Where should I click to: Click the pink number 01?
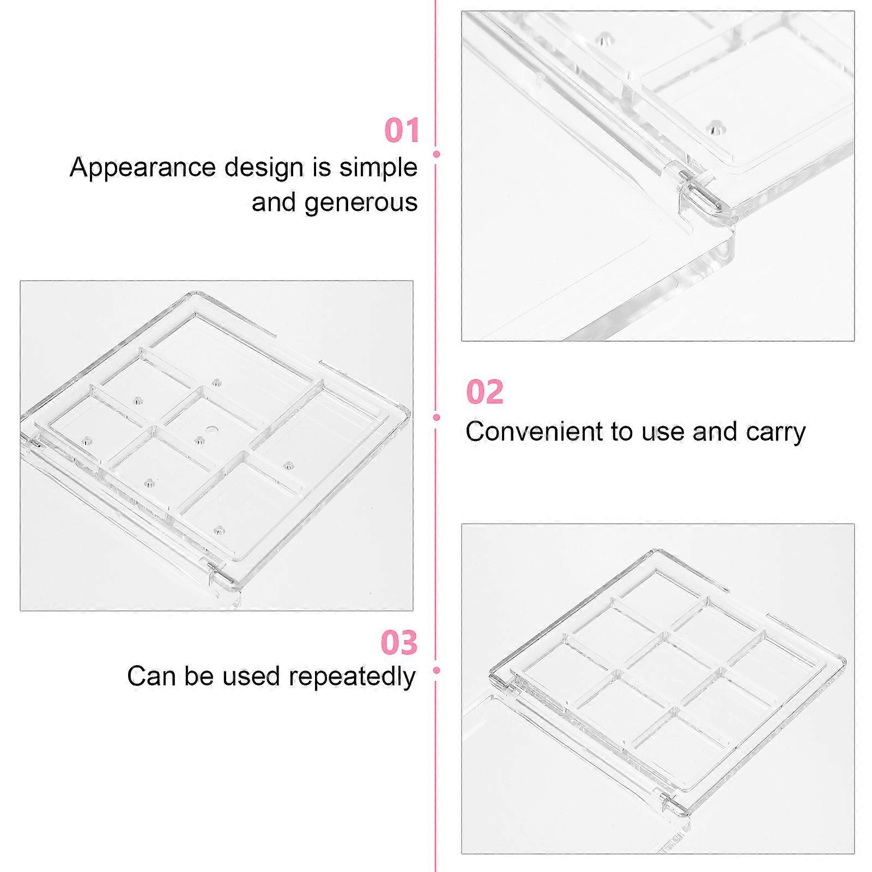pos(402,130)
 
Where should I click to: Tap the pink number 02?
pos(485,392)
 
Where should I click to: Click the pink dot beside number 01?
pos(436,154)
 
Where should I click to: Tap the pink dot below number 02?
pos(436,417)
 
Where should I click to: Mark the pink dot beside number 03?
pos(436,670)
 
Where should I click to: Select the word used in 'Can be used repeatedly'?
pos(247,676)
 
